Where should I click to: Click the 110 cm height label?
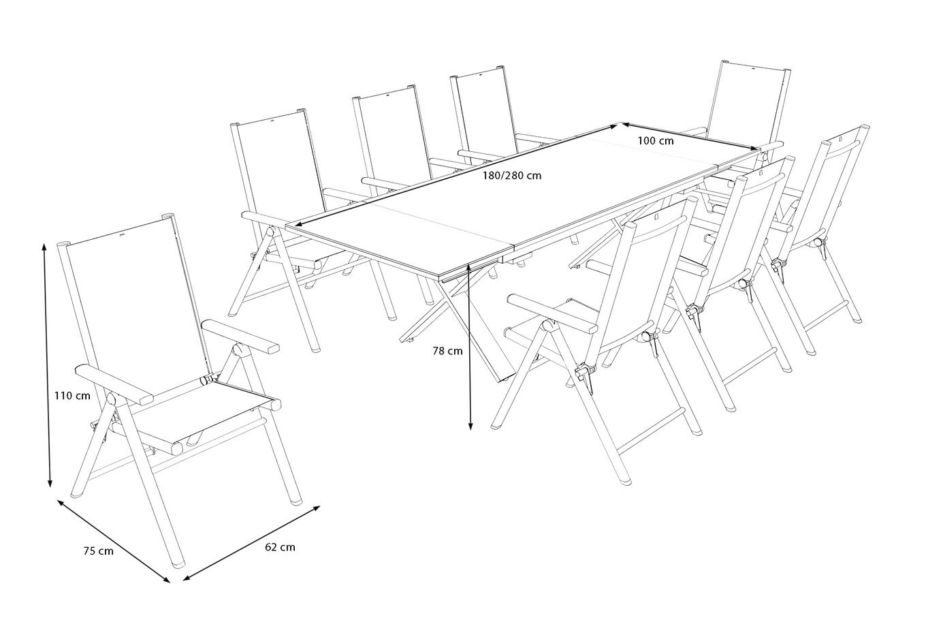coord(72,396)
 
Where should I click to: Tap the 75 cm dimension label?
coord(98,551)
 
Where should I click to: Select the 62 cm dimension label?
coord(280,547)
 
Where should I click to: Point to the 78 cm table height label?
coord(448,351)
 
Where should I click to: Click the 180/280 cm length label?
coord(512,175)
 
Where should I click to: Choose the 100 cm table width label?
coord(656,141)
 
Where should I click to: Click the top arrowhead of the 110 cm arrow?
coord(44,247)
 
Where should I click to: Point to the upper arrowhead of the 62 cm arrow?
coord(316,508)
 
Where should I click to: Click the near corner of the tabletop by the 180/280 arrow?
coord(287,226)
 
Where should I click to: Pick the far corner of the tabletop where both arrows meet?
coord(620,123)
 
